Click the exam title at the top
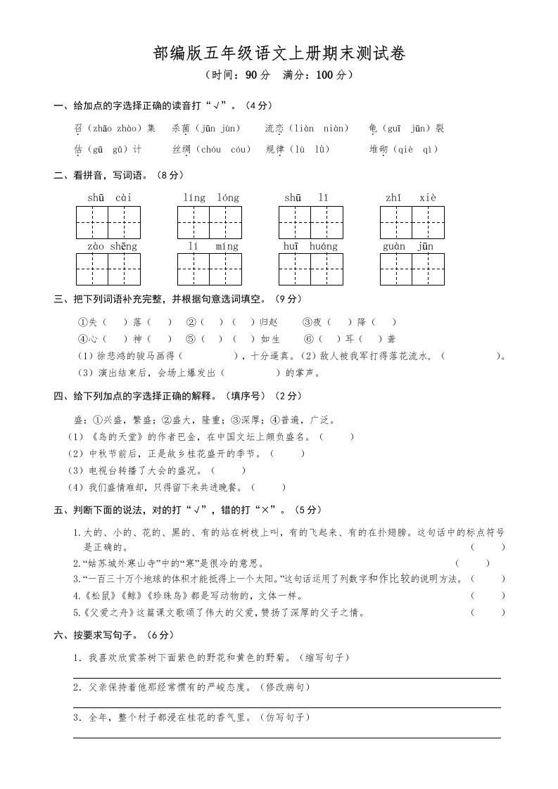coord(279,54)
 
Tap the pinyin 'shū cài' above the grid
coord(109,198)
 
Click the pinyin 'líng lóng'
coord(210,198)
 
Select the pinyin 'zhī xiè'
coord(412,198)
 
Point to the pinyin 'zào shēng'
coord(112,247)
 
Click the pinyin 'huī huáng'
coord(311,247)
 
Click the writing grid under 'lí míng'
coord(210,269)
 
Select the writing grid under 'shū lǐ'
coord(311,222)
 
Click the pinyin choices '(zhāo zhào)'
coord(115,129)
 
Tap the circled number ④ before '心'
coord(81,339)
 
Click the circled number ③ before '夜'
coord(307,322)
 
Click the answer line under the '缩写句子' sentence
coord(288,678)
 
